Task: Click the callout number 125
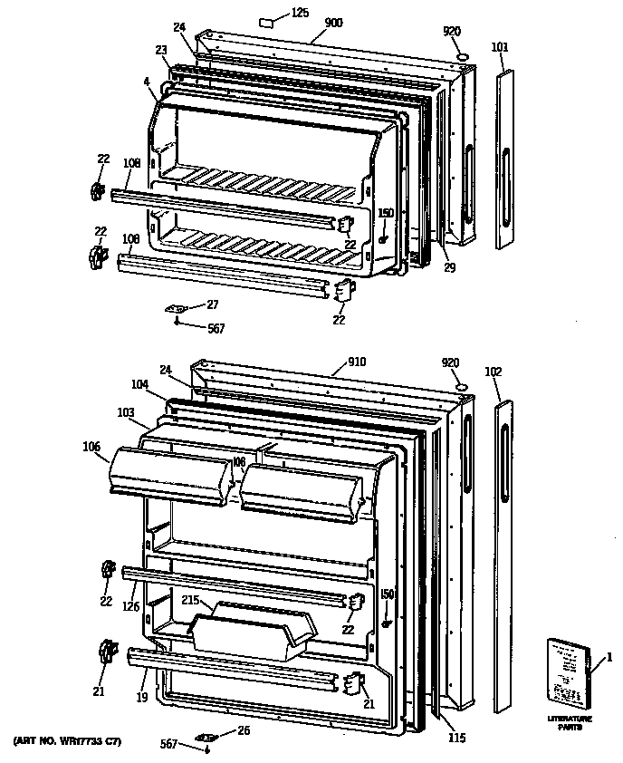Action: (300, 13)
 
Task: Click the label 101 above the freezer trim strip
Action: (500, 46)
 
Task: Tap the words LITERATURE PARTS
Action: (570, 723)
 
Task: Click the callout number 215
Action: (190, 599)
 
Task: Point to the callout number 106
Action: (91, 445)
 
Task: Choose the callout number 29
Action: (449, 267)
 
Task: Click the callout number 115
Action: (456, 739)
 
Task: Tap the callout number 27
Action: (212, 304)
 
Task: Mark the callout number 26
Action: (243, 730)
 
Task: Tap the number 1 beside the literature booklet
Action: (609, 656)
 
